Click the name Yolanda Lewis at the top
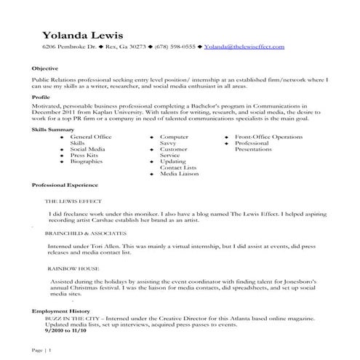coord(82,35)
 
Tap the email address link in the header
coord(244,47)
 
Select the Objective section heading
coord(46,68)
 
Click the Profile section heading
coord(41,96)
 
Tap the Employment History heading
coord(58,311)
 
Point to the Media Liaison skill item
coord(179,175)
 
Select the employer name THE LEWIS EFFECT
coord(73,199)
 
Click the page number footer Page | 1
coord(42,351)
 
